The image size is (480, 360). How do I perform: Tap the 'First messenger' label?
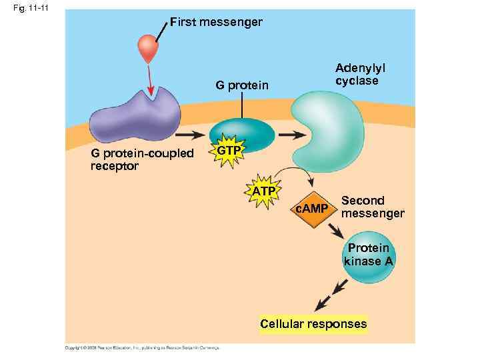pyautogui.click(x=216, y=22)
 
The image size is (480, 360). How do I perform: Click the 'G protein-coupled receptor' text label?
pyautogui.click(x=141, y=160)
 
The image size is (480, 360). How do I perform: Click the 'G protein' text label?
pyautogui.click(x=241, y=85)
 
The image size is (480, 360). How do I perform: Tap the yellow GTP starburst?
pyautogui.click(x=229, y=151)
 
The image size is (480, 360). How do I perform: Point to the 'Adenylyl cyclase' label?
pyautogui.click(x=361, y=75)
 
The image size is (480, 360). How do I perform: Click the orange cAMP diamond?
pyautogui.click(x=312, y=209)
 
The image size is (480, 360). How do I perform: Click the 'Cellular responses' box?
pyautogui.click(x=313, y=325)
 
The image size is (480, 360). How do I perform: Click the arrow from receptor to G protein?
pyautogui.click(x=193, y=134)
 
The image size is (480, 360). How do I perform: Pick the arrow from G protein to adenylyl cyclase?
pyautogui.click(x=290, y=134)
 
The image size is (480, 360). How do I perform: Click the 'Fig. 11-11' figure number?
pyautogui.click(x=23, y=7)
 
